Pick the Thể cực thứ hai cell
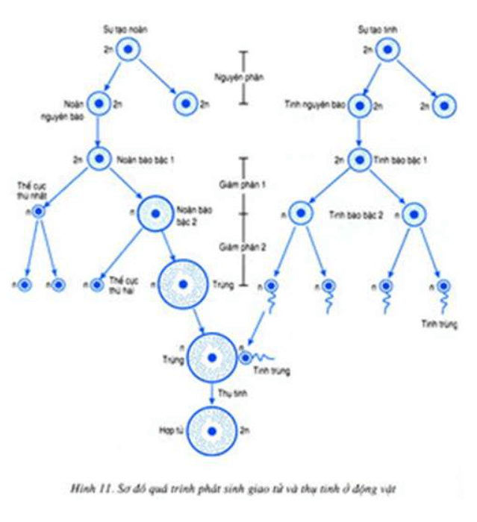coord(98,284)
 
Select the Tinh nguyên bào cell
coord(359,104)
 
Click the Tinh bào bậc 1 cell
coord(359,159)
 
